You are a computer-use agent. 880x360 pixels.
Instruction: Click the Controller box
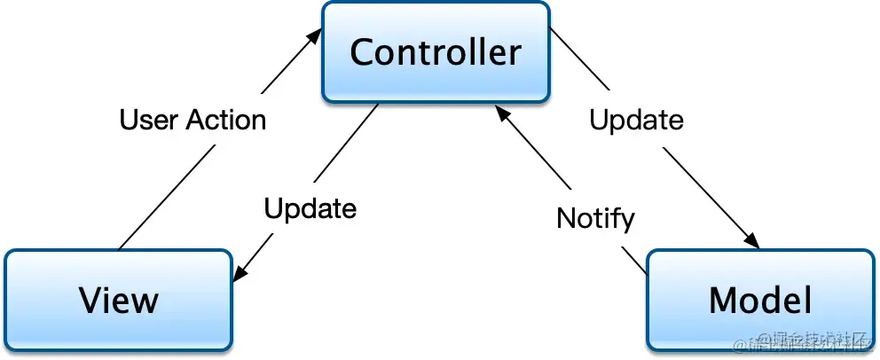435,51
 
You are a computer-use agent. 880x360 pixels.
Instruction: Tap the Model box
759,300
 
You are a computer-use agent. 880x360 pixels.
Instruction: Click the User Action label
192,120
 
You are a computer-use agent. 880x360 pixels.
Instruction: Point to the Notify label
595,217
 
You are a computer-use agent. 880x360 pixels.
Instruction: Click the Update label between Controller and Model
637,120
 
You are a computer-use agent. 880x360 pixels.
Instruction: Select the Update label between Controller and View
310,208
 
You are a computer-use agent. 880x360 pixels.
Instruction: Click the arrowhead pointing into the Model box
753,241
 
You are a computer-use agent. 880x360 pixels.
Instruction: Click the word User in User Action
146,120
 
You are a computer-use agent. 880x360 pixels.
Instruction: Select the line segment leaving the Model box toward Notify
635,261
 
